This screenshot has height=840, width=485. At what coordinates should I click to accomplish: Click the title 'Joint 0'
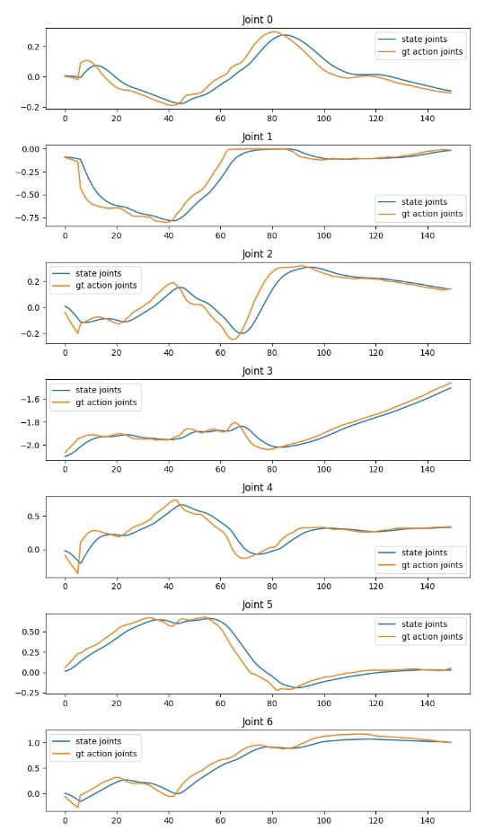point(257,20)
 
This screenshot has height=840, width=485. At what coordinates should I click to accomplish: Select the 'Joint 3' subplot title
point(257,371)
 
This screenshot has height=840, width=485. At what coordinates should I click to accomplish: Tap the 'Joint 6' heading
point(257,721)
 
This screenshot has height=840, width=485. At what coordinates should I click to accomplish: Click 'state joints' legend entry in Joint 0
point(424,40)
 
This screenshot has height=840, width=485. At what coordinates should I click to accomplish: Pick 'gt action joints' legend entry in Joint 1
point(432,214)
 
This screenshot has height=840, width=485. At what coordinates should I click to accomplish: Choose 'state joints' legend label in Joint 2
point(99,273)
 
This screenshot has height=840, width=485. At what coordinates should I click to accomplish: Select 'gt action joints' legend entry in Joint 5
point(432,636)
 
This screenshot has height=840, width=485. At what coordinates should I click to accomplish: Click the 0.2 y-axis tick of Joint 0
point(34,47)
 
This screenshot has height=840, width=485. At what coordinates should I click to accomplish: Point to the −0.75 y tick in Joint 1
point(30,218)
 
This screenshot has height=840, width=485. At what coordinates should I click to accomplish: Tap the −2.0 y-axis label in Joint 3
point(31,446)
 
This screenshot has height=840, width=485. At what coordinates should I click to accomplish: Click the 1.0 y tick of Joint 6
point(34,742)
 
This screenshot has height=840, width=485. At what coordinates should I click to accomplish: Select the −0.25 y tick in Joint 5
point(30,693)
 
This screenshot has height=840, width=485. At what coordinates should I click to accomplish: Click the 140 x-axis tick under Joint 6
point(428,820)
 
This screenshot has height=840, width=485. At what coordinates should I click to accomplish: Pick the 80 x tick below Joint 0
point(272,119)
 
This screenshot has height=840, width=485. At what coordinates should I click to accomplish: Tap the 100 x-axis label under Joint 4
point(324,586)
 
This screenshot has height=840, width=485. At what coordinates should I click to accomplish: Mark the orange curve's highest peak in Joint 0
point(274,31)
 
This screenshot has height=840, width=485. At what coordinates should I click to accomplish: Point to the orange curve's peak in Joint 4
point(175,500)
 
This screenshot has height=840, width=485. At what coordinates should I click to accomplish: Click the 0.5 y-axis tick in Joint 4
point(34,517)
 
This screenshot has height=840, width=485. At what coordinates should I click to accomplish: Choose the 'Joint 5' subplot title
point(257,605)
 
